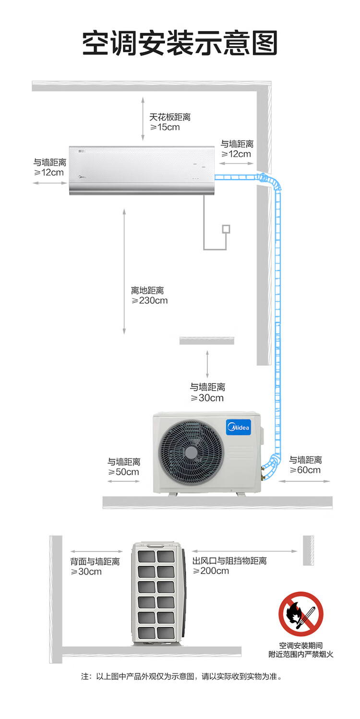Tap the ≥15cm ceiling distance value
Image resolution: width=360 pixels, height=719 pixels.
coord(165,127)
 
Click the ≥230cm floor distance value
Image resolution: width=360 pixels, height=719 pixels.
coord(150,301)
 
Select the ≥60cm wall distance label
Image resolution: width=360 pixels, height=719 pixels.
coord(305,470)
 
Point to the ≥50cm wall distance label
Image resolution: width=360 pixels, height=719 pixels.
coord(124,472)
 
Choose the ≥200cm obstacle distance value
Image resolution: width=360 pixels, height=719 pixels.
coord(211,571)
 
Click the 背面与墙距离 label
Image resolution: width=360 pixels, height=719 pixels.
coord(95,562)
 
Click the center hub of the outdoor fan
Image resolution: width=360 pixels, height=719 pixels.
coord(191,452)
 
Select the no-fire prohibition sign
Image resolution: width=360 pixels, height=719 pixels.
coord(301,614)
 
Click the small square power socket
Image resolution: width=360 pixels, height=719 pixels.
coord(226,228)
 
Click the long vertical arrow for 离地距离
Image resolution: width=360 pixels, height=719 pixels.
coord(124,271)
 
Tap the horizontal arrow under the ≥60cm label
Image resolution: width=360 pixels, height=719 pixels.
coord(305,481)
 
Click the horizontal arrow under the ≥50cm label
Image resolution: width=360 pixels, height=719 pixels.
coord(123,481)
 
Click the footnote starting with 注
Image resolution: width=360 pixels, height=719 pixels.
coord(181,677)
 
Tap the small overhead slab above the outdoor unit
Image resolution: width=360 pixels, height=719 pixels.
coord(207,340)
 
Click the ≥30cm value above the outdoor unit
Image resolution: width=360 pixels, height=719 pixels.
coord(207,398)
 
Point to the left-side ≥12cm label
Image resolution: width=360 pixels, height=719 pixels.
coord(49,172)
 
